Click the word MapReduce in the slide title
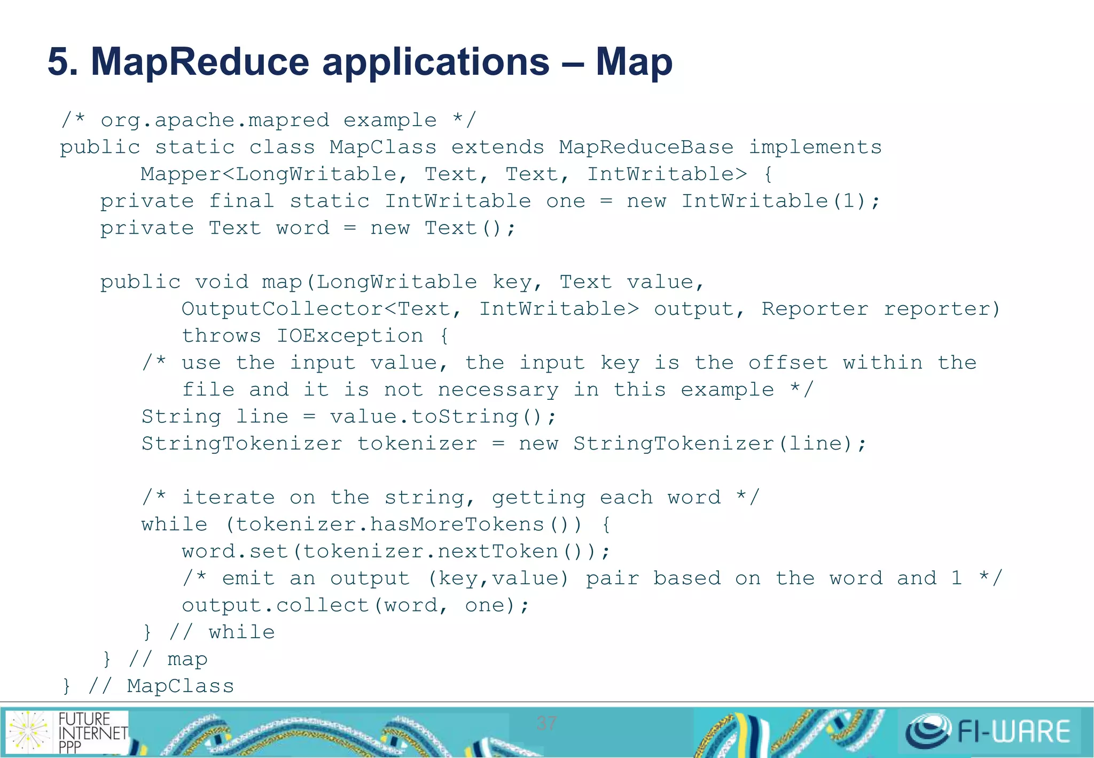tap(200, 62)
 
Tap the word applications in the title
tap(436, 63)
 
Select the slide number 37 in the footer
tap(546, 723)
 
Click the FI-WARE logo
tap(988, 731)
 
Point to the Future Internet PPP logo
tap(67, 731)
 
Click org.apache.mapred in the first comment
tap(215, 121)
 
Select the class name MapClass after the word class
tap(382, 148)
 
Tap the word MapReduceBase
tap(646, 148)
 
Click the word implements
tap(815, 148)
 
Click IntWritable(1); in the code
tap(780, 202)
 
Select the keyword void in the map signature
tap(222, 282)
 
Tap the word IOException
tap(349, 336)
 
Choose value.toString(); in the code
tap(443, 417)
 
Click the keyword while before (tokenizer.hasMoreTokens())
tap(174, 525)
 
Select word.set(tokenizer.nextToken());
tap(396, 552)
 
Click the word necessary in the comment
tap(498, 390)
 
